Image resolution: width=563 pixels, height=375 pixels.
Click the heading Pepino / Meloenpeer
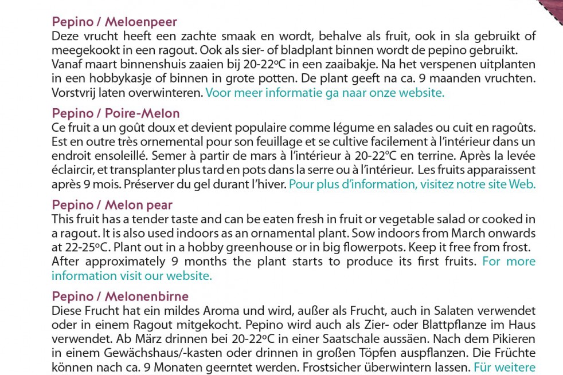point(114,22)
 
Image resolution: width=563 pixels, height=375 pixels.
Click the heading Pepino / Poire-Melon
point(115,113)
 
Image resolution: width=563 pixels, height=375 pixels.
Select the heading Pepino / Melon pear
point(112,205)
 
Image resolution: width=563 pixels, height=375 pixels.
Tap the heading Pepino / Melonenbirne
point(120,297)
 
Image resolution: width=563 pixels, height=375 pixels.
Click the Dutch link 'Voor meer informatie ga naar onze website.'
point(324,93)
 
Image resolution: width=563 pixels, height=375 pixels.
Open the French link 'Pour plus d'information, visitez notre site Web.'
point(412,184)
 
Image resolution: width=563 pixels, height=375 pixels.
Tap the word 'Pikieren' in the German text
point(514,339)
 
